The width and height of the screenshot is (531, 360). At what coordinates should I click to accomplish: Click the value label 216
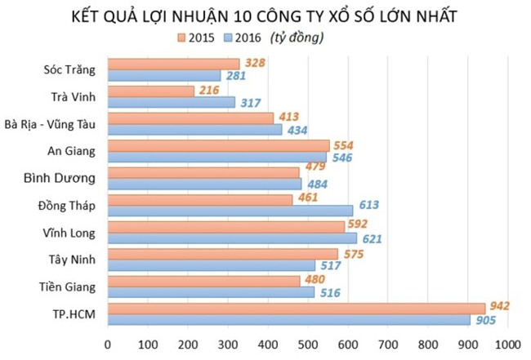click(x=209, y=90)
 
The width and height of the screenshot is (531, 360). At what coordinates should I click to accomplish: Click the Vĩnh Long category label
click(x=69, y=233)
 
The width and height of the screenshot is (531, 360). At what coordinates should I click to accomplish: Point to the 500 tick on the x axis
click(x=308, y=343)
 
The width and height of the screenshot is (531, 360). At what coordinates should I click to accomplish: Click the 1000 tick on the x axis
click(x=507, y=343)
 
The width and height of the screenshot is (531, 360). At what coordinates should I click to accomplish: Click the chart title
click(x=266, y=15)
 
